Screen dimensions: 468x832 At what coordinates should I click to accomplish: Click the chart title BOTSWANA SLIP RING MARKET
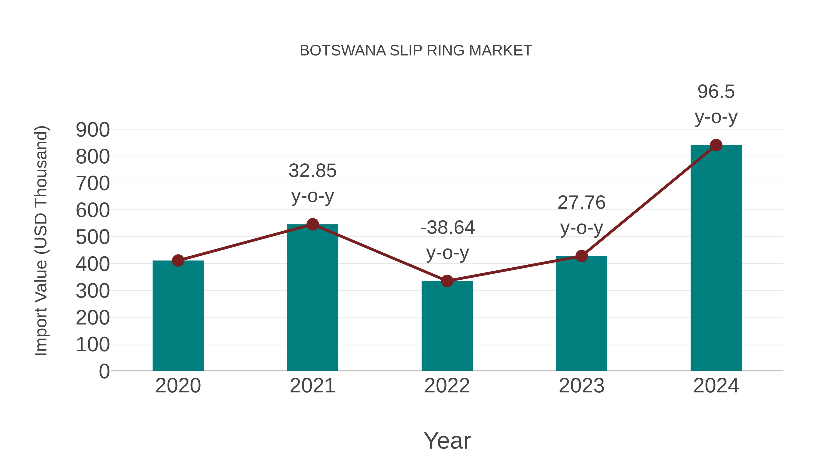pyautogui.click(x=416, y=51)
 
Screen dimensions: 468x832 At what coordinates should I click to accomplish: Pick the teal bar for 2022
pyautogui.click(x=447, y=326)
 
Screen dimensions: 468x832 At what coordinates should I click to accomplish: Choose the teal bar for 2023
pyautogui.click(x=581, y=313)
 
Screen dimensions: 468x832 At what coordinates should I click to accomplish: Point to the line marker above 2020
pyautogui.click(x=178, y=260)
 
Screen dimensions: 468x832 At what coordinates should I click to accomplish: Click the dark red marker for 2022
pyautogui.click(x=447, y=281)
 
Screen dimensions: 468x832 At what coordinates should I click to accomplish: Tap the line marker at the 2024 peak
pyautogui.click(x=716, y=145)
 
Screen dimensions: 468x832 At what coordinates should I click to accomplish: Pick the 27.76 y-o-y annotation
pyautogui.click(x=581, y=215)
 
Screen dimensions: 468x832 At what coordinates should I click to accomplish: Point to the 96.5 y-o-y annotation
pyautogui.click(x=716, y=104)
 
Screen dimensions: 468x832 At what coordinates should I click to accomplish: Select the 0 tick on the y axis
pyautogui.click(x=104, y=371)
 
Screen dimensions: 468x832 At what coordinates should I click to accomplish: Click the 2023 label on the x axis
pyautogui.click(x=581, y=386)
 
